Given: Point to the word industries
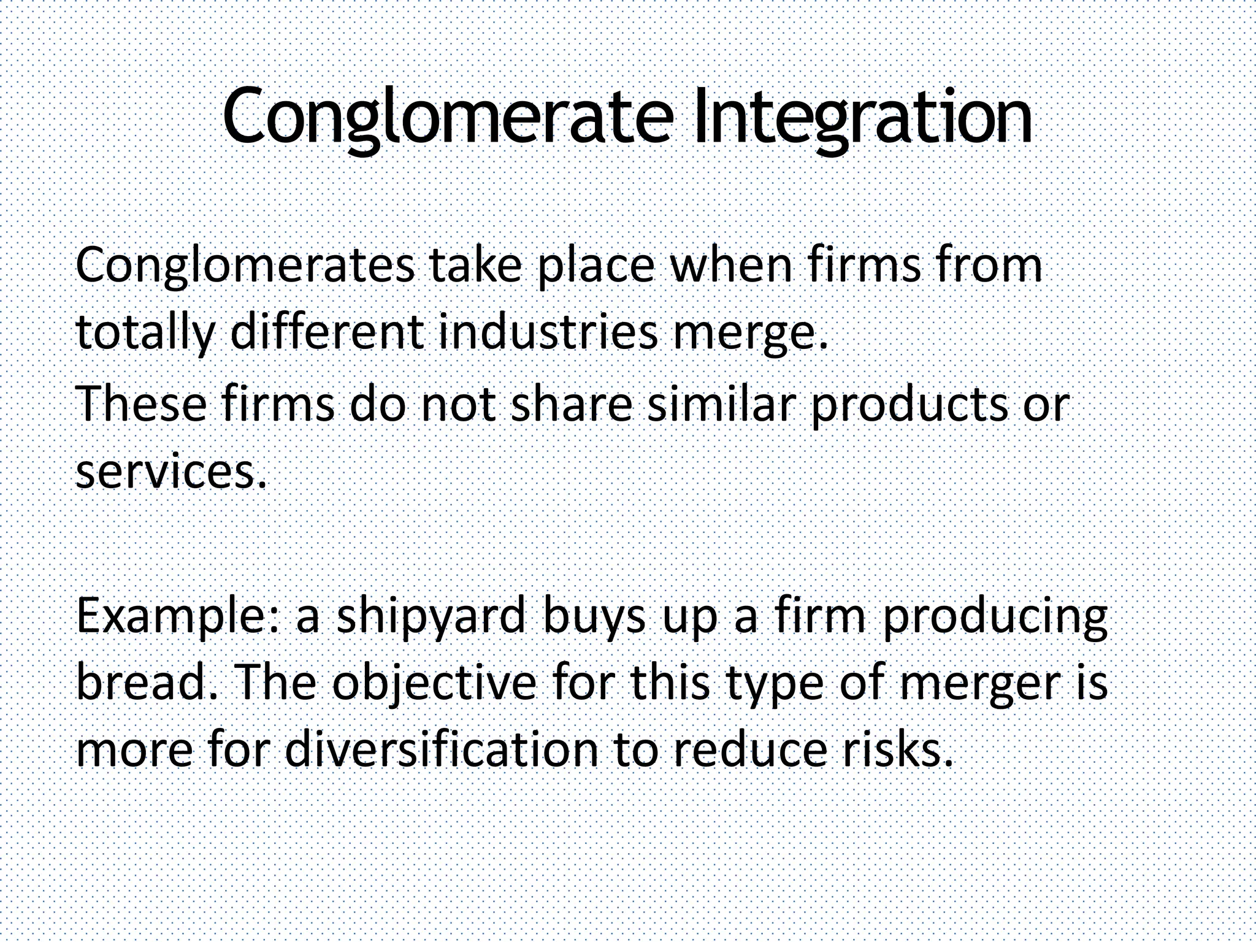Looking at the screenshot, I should (548, 332).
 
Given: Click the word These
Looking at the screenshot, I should (142, 405).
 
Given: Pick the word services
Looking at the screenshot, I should (171, 473).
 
